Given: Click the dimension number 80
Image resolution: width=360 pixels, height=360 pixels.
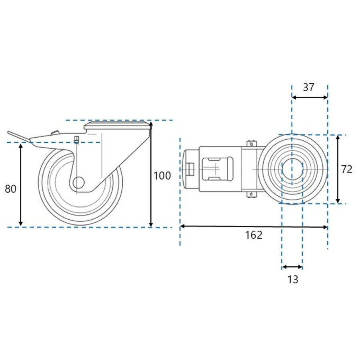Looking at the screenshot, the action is [x=10, y=189].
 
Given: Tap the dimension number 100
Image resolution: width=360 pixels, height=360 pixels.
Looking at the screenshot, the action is [x=162, y=176].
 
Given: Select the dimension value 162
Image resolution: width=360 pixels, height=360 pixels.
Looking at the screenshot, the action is [x=254, y=235].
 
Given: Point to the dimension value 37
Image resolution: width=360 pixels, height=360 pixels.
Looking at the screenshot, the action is [x=308, y=87].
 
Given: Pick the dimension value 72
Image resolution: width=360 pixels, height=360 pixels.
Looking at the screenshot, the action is [x=347, y=170].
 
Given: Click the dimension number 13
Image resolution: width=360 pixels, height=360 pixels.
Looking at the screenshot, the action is [x=293, y=280].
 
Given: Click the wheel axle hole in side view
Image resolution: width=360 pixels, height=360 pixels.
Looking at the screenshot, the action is [x=78, y=183].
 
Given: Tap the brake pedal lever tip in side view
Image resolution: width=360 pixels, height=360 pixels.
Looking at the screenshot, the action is [x=9, y=133].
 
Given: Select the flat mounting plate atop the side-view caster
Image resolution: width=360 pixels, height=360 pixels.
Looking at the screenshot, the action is [x=117, y=126].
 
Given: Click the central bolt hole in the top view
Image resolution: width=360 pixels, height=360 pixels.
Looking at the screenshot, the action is [x=292, y=170].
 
